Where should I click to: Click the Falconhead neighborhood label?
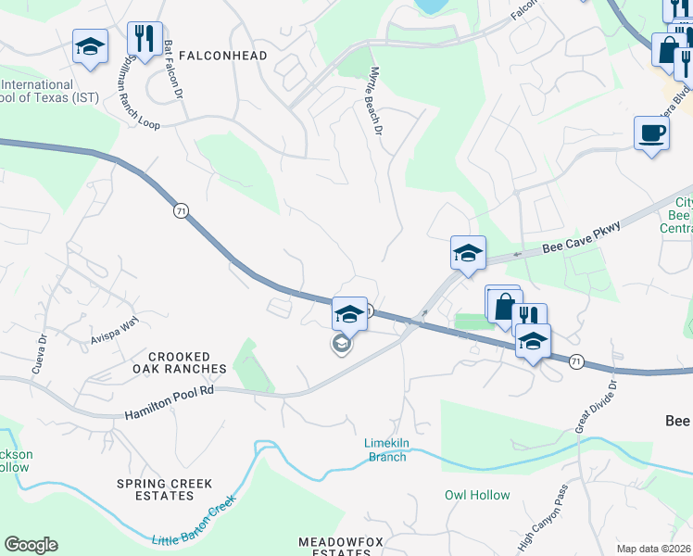coord(224,56)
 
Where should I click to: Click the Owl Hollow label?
coord(477,495)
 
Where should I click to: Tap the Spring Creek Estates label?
coord(164,489)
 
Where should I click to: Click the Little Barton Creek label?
coord(194,520)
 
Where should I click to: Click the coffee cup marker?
coord(651,133)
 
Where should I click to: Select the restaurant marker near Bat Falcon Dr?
coord(144,39)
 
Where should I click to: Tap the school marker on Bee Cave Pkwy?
coord(468,253)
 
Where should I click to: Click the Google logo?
coord(31,545)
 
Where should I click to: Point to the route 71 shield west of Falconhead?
coord(180,211)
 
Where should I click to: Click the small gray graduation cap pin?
coord(341,345)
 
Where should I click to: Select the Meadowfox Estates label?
coord(334,547)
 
